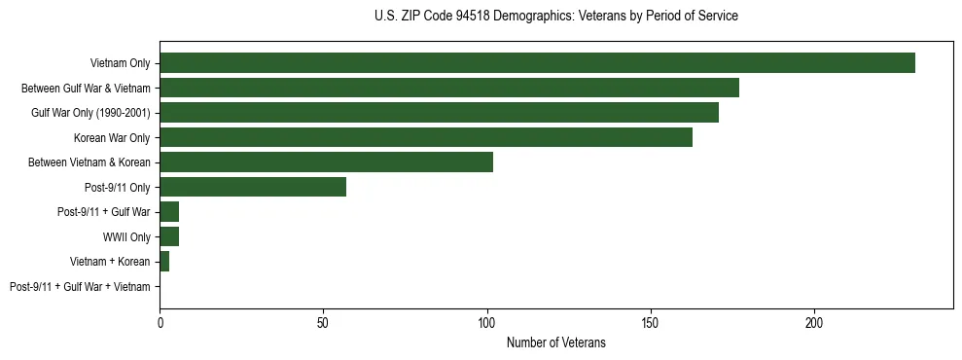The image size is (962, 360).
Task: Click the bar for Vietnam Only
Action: (537, 63)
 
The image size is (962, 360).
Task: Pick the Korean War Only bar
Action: (426, 137)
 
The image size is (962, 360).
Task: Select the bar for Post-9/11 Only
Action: (253, 187)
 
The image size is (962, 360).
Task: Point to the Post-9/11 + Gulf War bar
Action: (169, 212)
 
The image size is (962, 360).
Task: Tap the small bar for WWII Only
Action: (169, 236)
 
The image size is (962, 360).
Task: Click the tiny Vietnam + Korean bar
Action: (164, 262)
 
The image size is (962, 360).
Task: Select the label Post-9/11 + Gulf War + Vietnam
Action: (80, 287)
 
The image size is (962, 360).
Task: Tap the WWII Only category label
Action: (126, 237)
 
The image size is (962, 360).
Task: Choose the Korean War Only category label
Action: (112, 138)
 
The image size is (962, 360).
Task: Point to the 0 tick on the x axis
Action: (160, 322)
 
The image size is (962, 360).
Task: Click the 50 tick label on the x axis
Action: (323, 322)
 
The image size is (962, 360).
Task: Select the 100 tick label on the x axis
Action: (487, 322)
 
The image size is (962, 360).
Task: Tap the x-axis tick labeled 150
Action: (651, 322)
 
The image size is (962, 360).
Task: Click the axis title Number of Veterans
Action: (555, 342)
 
